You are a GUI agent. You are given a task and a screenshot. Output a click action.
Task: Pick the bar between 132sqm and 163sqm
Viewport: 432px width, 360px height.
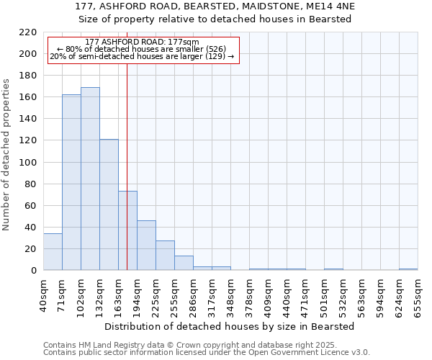pyautogui.click(x=109, y=204)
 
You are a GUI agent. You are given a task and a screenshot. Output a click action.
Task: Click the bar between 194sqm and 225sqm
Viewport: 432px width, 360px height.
pyautogui.click(x=146, y=246)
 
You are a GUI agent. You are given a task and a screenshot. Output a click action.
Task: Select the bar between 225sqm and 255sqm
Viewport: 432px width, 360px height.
pyautogui.click(x=165, y=256)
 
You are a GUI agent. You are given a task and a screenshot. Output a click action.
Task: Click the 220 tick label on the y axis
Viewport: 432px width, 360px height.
pyautogui.click(x=28, y=32)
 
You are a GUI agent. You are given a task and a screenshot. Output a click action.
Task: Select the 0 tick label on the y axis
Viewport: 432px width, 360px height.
pyautogui.click(x=34, y=271)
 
